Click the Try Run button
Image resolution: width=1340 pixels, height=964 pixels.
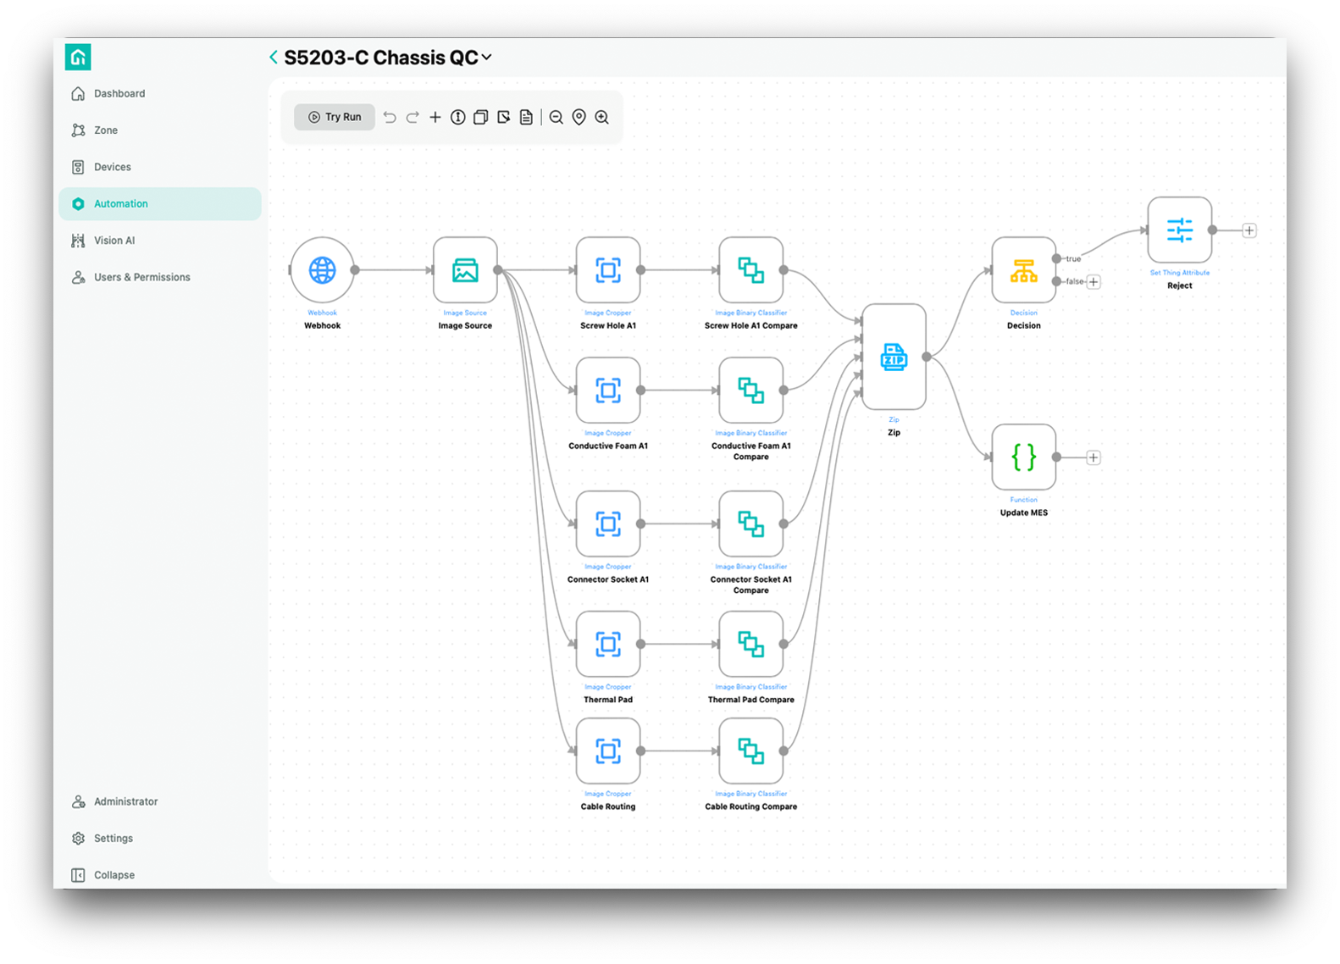coord(335,117)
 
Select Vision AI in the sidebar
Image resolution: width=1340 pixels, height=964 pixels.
coord(114,241)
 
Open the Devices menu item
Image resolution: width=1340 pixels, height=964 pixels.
coord(112,167)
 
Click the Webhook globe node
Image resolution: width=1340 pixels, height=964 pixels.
coord(323,270)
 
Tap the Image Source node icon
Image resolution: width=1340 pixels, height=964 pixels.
coord(465,270)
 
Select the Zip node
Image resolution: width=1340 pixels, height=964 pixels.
coord(894,357)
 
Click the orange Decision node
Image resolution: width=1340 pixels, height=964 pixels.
coord(1023,270)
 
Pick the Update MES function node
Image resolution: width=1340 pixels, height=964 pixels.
coord(1023,457)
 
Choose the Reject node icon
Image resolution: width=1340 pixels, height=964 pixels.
coord(1179,230)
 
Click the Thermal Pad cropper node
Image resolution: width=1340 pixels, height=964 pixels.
coord(608,645)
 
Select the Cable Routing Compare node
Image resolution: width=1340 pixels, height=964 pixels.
coord(750,751)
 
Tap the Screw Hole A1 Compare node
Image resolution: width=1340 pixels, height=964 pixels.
coord(750,270)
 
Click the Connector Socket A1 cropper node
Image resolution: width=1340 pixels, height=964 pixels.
coord(608,524)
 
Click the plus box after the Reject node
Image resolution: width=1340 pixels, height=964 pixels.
coord(1249,230)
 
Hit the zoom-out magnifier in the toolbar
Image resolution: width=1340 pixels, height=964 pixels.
coord(556,118)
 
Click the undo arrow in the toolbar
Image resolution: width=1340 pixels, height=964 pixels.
coord(390,118)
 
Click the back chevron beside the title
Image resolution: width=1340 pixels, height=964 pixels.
coord(274,57)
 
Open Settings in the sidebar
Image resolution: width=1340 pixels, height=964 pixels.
coord(113,839)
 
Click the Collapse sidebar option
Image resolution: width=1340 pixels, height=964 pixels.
coord(114,875)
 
